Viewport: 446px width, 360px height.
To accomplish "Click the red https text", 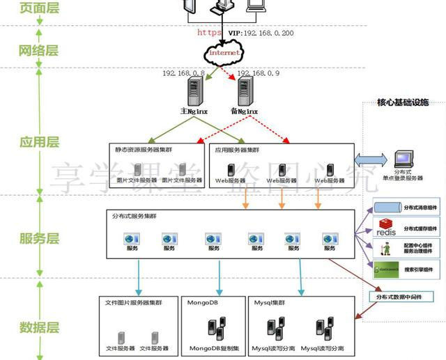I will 209,32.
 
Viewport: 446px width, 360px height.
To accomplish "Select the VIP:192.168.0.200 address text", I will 261,32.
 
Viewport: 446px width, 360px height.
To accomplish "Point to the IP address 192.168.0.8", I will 183,72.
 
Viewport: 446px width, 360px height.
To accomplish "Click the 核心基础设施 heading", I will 403,103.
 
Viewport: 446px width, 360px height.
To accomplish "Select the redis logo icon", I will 385,227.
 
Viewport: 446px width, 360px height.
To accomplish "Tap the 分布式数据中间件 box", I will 400,297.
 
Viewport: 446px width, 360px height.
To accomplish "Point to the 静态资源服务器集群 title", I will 143,150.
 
